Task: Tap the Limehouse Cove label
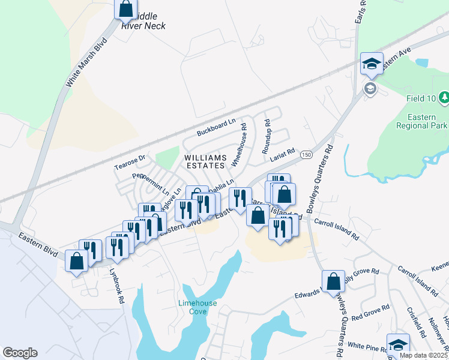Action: [197, 307]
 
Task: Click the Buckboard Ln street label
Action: [216, 128]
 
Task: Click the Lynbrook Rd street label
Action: [116, 284]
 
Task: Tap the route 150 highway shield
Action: [306, 155]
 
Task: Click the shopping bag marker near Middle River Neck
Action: [125, 8]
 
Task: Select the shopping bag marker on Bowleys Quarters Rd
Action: [333, 281]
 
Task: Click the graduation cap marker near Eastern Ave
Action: [372, 64]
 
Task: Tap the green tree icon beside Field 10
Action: [444, 97]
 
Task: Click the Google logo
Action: [20, 353]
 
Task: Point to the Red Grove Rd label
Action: [371, 312]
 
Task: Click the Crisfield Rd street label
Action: [415, 322]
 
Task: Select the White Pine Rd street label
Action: [365, 347]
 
